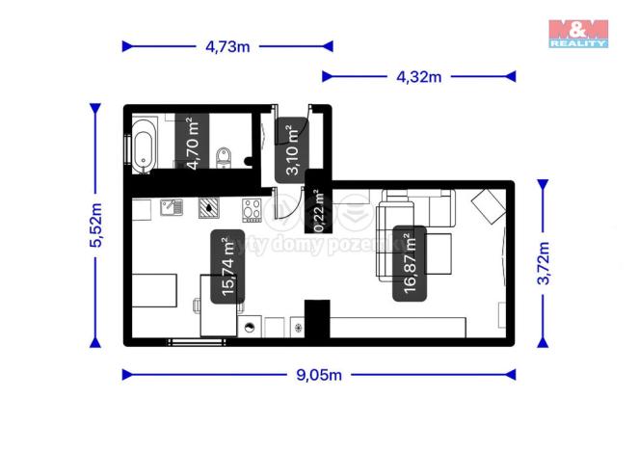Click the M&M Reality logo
point(578,34)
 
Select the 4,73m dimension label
point(226,45)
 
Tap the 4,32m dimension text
point(417,76)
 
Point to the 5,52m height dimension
point(94,226)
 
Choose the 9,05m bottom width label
point(319,374)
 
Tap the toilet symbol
point(225,156)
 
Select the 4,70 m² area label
point(194,142)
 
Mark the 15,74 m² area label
point(230,269)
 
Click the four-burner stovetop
point(253,207)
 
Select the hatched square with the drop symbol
point(209,205)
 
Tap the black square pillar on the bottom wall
point(317,314)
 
